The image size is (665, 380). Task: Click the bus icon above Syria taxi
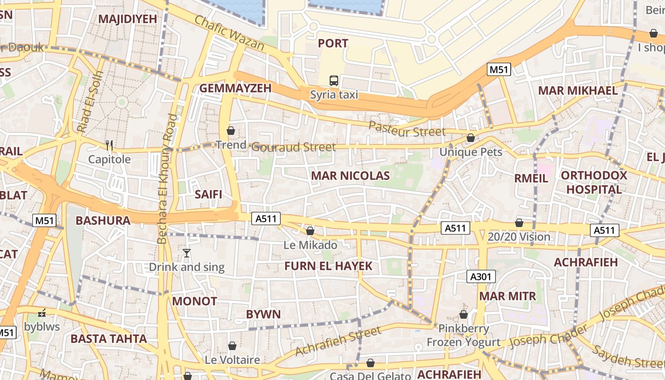pyautogui.click(x=334, y=80)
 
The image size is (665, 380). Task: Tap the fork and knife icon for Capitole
pyautogui.click(x=109, y=145)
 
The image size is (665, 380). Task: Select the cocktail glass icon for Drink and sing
pyautogui.click(x=187, y=253)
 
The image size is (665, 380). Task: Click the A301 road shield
pyautogui.click(x=481, y=276)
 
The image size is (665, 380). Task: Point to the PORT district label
pyautogui.click(x=333, y=43)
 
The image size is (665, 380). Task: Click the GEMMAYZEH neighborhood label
pyautogui.click(x=235, y=88)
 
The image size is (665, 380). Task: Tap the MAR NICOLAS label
pyautogui.click(x=350, y=176)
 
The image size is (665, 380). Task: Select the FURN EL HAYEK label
pyautogui.click(x=328, y=266)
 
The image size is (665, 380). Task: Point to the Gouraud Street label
pyautogui.click(x=294, y=147)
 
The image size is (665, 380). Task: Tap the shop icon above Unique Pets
pyautogui.click(x=470, y=138)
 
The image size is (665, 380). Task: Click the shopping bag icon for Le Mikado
pyautogui.click(x=310, y=231)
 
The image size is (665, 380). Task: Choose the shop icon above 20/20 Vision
pyautogui.click(x=519, y=223)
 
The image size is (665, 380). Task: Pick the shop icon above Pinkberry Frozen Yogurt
pyautogui.click(x=464, y=314)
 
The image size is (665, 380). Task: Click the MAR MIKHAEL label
pyautogui.click(x=578, y=90)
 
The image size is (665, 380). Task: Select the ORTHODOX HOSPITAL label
pyautogui.click(x=594, y=182)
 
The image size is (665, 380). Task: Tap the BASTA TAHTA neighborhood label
pyautogui.click(x=109, y=339)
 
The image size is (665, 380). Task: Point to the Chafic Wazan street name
pyautogui.click(x=229, y=32)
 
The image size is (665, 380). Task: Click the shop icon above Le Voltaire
pyautogui.click(x=232, y=346)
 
